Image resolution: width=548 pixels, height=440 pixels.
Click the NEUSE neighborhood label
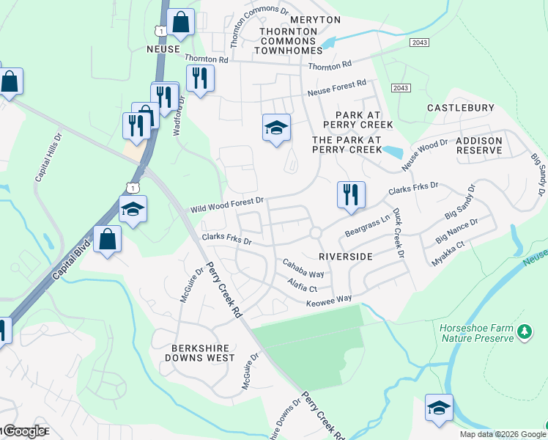coord(163,48)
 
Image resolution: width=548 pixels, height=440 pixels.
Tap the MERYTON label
coord(295,19)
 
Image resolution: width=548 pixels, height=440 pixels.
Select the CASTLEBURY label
coord(460,108)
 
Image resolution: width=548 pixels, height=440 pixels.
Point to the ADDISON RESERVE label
coord(479,145)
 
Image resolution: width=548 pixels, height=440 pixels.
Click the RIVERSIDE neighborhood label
coord(346,257)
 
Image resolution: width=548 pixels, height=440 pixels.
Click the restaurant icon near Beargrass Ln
coord(350,195)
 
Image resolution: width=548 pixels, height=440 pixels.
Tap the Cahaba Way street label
coord(303,268)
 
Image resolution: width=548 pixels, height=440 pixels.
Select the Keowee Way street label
coord(329,299)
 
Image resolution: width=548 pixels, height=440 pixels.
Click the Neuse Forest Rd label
coord(337,88)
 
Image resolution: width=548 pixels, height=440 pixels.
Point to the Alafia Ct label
coord(301,285)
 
